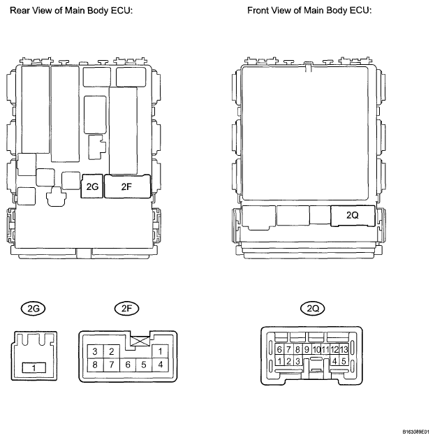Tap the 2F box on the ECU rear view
[x=126, y=187]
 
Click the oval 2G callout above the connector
[x=32, y=308]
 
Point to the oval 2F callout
[x=125, y=308]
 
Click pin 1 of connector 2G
[x=32, y=367]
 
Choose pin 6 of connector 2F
[x=127, y=365]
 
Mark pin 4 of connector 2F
[x=161, y=365]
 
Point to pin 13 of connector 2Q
[x=344, y=349]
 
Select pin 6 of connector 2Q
[x=279, y=349]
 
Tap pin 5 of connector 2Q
[x=344, y=361]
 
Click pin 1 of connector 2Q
[x=279, y=361]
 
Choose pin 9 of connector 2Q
[x=307, y=349]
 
